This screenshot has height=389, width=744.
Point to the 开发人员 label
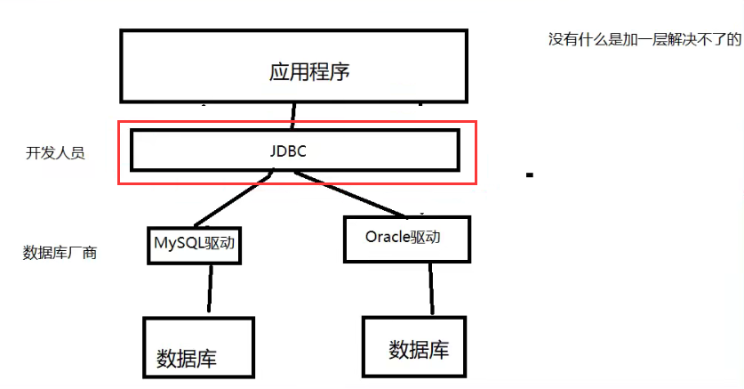pos(55,153)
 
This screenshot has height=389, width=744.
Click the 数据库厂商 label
pos(60,253)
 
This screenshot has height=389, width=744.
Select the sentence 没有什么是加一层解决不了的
pos(644,40)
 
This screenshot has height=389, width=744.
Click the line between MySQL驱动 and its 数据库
pos(210,288)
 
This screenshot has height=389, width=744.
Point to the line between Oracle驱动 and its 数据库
pos(432,288)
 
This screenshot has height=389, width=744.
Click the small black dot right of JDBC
pos(530,175)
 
